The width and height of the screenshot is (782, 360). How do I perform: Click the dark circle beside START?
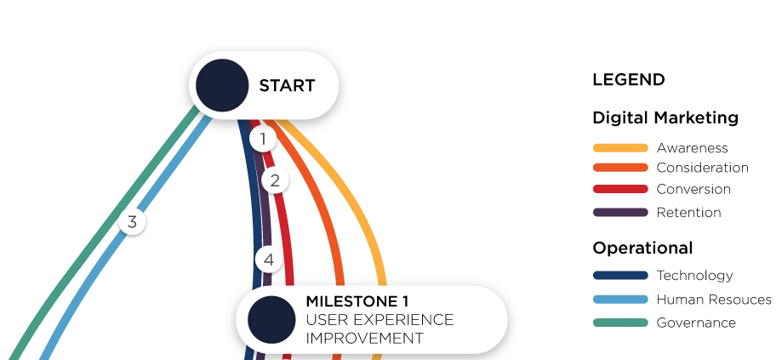222,85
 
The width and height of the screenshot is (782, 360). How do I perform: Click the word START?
287,86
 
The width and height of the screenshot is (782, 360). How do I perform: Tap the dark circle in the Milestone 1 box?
271,320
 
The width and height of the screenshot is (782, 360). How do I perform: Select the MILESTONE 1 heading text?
357,301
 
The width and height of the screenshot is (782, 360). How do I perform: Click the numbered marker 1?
263,139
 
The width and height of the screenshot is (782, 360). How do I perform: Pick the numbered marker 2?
275,180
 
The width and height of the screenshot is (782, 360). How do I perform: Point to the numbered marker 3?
132,221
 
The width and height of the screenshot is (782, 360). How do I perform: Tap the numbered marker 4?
268,260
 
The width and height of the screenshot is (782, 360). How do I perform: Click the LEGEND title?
628,80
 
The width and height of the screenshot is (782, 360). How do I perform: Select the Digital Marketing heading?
665,118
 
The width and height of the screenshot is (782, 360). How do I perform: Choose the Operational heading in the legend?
642,248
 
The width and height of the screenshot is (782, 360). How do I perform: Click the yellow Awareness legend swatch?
620,148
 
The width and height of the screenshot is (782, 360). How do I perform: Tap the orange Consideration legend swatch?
620,168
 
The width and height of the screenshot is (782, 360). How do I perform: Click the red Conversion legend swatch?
620,190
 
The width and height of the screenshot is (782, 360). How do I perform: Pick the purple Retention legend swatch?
620,213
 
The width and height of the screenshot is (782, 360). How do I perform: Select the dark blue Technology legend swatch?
620,275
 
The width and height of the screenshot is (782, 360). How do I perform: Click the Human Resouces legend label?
714,300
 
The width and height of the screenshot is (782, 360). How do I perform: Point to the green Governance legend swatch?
620,323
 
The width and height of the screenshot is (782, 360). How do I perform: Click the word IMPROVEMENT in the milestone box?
364,338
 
